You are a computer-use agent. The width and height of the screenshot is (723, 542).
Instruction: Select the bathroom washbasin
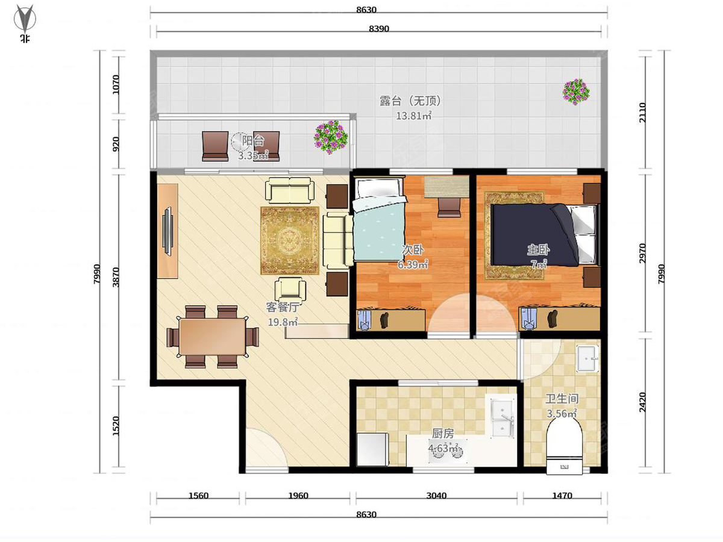(587, 359)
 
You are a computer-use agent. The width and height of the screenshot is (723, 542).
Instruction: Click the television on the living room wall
(167, 231)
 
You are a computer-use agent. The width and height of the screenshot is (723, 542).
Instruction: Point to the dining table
(213, 337)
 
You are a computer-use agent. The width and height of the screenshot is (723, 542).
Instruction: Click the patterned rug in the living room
(290, 240)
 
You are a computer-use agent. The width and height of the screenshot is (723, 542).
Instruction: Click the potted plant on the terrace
(576, 92)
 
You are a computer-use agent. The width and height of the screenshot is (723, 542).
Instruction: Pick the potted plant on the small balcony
(330, 137)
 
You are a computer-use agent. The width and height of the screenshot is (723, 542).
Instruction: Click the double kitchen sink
(502, 418)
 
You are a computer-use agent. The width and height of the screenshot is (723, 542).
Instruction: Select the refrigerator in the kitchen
(372, 449)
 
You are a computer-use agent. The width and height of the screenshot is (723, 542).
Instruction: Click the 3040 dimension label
(436, 496)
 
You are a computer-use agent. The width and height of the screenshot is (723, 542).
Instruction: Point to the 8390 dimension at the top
(379, 29)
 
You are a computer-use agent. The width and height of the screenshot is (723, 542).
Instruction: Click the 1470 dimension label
(562, 496)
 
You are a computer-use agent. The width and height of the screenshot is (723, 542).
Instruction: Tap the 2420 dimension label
(642, 402)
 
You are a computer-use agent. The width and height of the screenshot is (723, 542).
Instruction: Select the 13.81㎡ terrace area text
(413, 116)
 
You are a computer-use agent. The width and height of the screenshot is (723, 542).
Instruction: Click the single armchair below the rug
(290, 290)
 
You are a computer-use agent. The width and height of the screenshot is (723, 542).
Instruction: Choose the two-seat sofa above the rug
(290, 190)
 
